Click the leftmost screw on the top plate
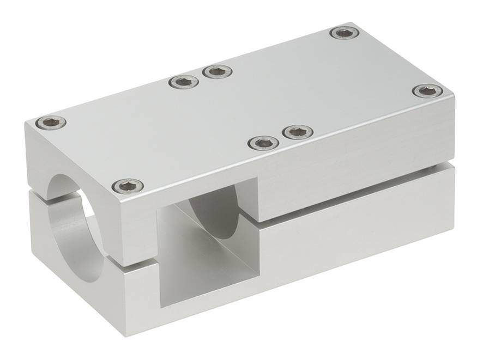[x=51, y=123]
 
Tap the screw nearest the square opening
[x=128, y=186]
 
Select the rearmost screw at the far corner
[x=345, y=33]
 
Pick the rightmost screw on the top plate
[x=427, y=90]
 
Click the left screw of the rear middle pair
[x=183, y=82]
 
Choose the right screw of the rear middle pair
[x=218, y=71]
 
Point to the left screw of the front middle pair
[x=263, y=143]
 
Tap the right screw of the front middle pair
[x=298, y=131]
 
